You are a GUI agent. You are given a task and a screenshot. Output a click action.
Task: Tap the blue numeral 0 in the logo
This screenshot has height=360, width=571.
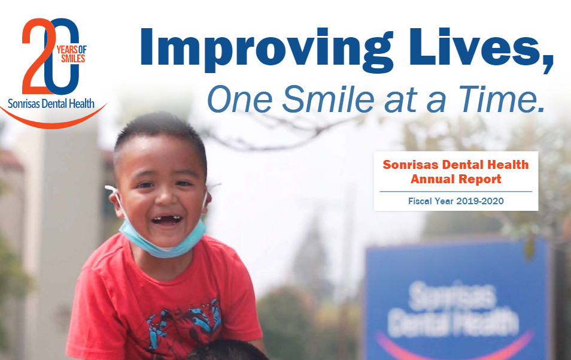[62, 56]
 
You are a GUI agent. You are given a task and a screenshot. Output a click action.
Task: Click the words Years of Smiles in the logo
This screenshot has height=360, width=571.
[71, 54]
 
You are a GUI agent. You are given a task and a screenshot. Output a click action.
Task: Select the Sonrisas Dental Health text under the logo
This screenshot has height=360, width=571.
[51, 104]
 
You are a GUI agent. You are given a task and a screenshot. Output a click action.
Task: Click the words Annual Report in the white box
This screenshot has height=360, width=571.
[456, 179]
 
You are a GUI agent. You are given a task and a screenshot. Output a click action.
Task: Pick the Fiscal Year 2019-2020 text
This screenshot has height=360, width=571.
[456, 201]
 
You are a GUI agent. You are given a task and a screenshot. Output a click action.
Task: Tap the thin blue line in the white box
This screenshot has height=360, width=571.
[456, 191]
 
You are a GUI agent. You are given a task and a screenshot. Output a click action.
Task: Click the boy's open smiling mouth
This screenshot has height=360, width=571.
[166, 220]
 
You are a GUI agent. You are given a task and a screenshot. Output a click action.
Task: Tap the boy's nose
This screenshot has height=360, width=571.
[166, 199]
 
